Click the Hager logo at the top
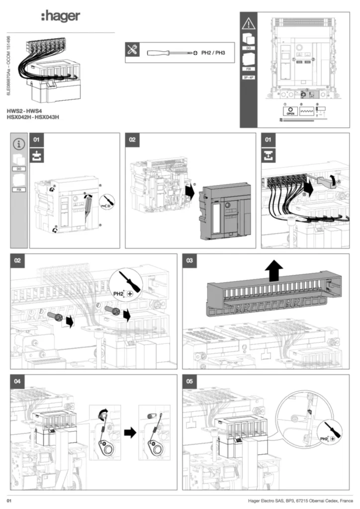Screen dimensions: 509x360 (x=60, y=16)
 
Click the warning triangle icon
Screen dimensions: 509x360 (x=248, y=23)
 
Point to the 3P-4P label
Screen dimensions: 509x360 (x=248, y=78)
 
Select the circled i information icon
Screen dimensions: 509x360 (x=19, y=144)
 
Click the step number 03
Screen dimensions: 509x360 (x=189, y=260)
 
